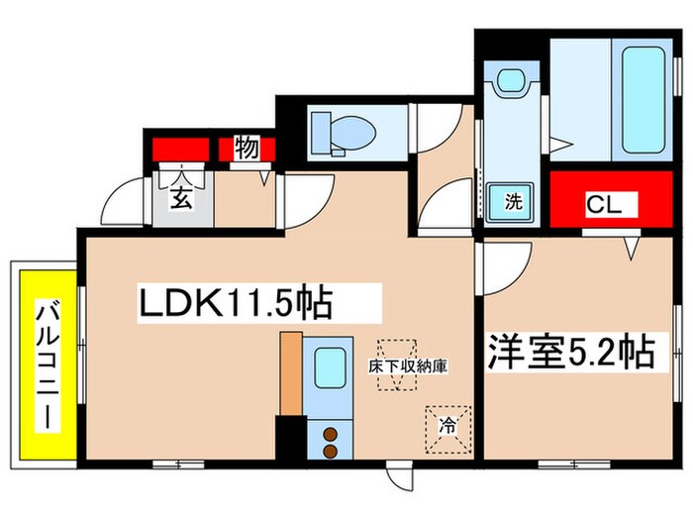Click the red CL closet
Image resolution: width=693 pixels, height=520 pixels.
coord(610,204)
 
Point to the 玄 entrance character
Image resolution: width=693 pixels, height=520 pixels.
coord(182,196)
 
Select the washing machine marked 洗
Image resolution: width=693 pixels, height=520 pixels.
coord(512,202)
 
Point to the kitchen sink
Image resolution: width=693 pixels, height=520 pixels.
coord(329,369)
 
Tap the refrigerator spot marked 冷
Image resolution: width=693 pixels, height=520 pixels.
coord(447,427)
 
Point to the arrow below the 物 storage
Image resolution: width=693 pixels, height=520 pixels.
coord(263,179)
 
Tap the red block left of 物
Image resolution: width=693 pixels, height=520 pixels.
coord(180,150)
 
